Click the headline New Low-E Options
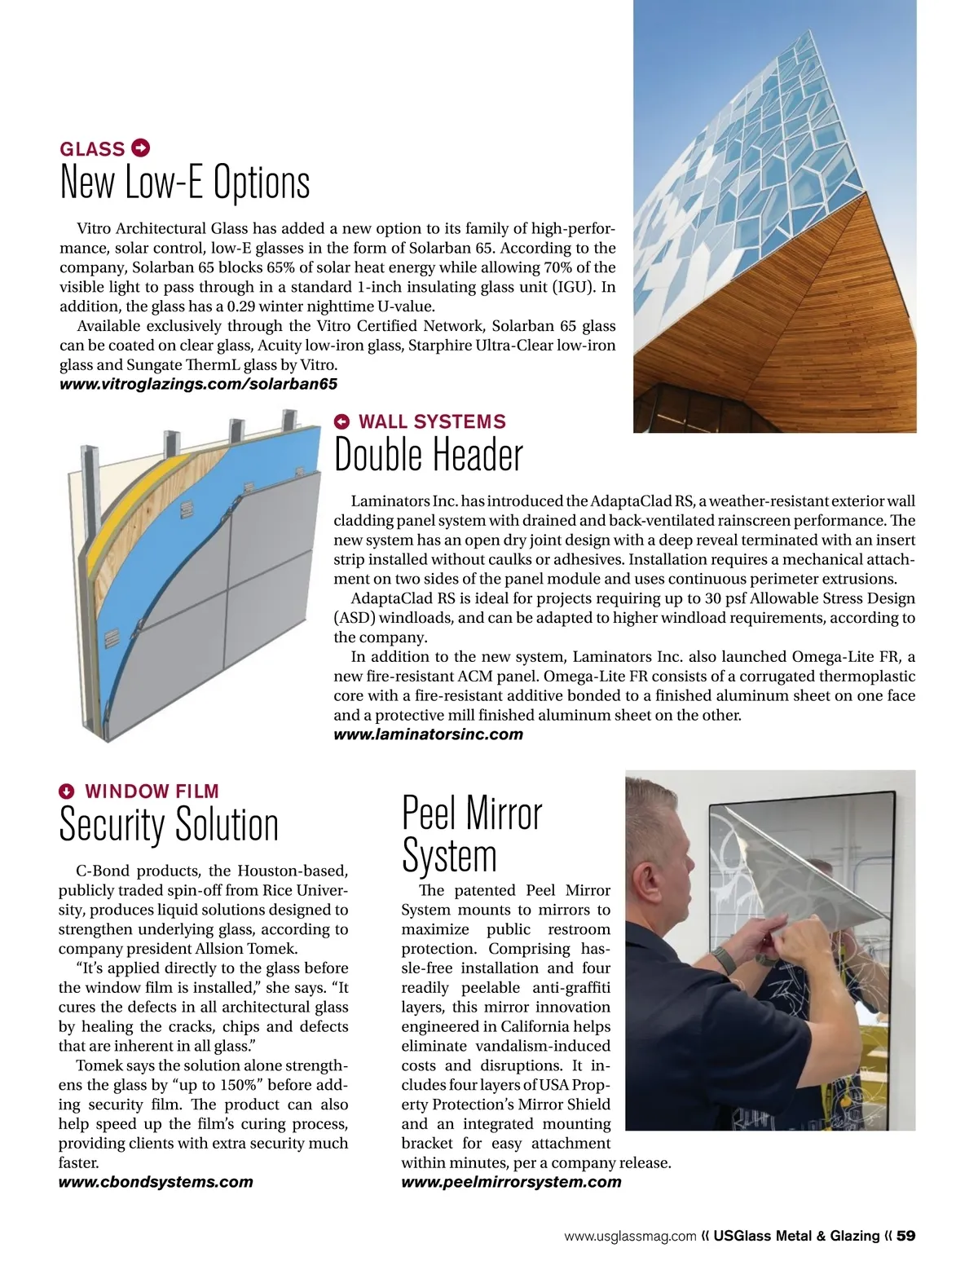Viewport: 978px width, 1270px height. coord(185,183)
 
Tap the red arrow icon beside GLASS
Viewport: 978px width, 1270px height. coord(140,148)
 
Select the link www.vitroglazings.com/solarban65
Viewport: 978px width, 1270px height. coord(198,384)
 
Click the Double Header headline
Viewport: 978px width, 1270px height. coord(429,455)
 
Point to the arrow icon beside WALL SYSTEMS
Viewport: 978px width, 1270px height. coord(343,421)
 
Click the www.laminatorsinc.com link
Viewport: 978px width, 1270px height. coord(428,734)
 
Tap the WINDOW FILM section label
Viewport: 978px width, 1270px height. coord(152,792)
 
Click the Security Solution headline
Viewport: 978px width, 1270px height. coord(169,824)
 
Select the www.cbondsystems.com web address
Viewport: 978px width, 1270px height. coord(156,1182)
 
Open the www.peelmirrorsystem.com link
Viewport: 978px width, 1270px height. coord(511,1182)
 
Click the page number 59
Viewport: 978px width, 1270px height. coord(905,1236)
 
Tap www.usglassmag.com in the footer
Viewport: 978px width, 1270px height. coord(630,1237)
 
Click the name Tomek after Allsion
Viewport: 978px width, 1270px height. coord(273,949)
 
